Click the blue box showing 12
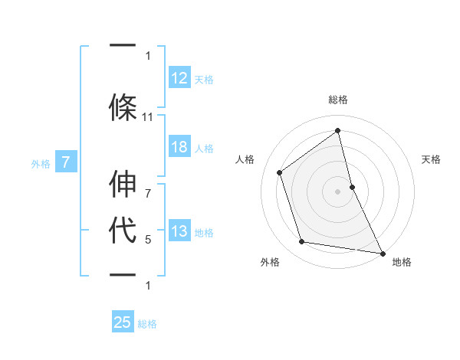point(179,77)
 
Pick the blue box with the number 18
point(179,148)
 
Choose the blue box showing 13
point(179,232)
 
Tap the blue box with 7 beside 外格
point(66,162)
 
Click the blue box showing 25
point(123,322)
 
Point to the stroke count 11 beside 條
point(148,117)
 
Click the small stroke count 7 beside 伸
point(148,185)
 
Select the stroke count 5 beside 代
point(148,240)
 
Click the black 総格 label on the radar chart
point(338,100)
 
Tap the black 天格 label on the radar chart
point(431,159)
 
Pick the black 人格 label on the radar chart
point(245,159)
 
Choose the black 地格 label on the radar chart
point(402,262)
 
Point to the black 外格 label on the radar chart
point(270,262)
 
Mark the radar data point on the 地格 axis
point(382,253)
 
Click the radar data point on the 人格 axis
point(280,172)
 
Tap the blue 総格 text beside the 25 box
point(147,324)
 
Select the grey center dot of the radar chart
point(338,191)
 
